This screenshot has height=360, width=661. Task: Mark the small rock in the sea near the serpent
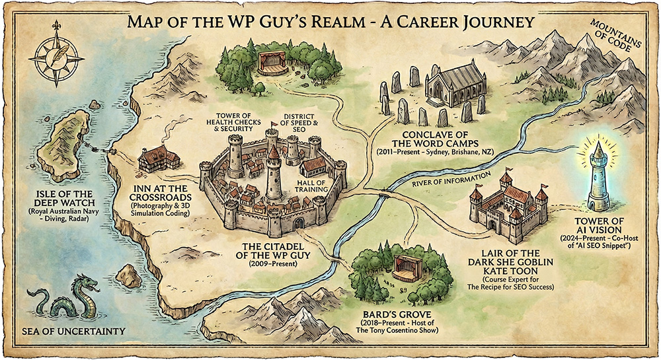pos(128,275)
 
